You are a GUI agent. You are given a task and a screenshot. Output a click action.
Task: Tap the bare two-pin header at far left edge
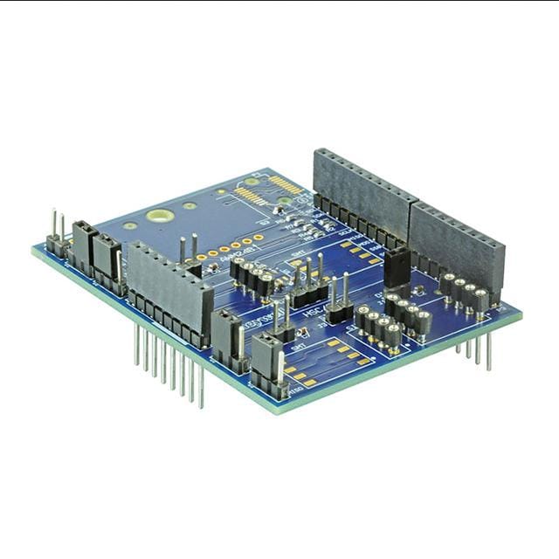(57, 237)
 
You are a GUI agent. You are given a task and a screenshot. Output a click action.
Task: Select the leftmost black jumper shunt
(83, 247)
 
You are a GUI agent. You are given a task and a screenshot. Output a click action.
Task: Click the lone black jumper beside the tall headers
(397, 267)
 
